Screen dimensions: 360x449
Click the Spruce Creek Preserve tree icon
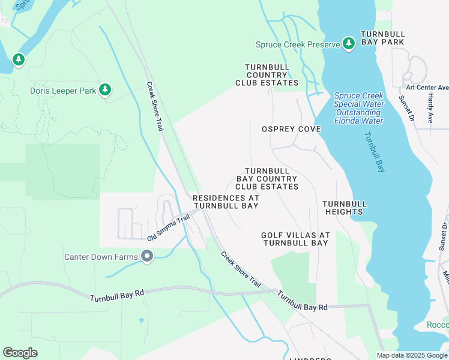(348, 44)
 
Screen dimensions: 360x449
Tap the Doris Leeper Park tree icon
(105, 90)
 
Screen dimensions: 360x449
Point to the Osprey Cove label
(291, 129)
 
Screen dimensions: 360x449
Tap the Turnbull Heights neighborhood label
(344, 208)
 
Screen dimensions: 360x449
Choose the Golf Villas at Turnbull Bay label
(295, 239)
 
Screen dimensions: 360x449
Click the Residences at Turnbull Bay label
(226, 202)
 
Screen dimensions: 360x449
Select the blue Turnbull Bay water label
(373, 152)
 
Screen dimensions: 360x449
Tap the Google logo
(20, 353)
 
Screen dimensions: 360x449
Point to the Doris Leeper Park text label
(63, 91)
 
